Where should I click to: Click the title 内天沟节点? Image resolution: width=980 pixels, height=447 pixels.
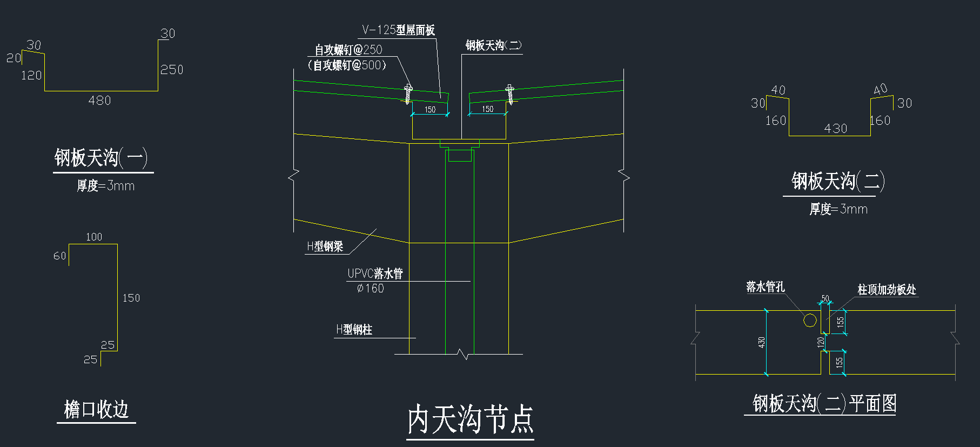pos(470,419)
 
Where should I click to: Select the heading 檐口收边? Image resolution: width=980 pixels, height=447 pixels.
pos(96,409)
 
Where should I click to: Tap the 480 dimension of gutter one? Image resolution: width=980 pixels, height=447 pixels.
pos(99,101)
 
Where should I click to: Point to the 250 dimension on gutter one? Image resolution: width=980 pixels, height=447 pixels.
pos(172,70)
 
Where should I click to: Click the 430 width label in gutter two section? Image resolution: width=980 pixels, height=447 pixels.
pos(835,129)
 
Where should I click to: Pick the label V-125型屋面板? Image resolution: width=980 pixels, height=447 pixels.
pos(398,30)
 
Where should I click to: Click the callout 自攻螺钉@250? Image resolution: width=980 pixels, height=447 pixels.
pos(348,50)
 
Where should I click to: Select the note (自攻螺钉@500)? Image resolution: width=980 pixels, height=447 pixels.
pos(347,65)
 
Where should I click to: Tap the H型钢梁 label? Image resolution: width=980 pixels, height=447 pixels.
pos(325,247)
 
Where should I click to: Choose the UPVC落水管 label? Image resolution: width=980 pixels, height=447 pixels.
pos(375,273)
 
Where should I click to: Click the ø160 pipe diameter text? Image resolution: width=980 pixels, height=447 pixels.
pos(371,289)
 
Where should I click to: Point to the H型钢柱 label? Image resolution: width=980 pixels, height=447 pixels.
pos(354,330)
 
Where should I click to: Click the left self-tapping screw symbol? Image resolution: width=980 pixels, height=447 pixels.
pos(408,94)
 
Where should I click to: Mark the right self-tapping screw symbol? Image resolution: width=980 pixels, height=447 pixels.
pos(509,94)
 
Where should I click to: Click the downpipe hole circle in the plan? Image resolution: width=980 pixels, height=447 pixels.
pos(810,321)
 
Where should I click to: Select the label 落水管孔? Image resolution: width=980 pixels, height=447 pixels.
pos(766,287)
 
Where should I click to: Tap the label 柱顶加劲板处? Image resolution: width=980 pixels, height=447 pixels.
pos(887,290)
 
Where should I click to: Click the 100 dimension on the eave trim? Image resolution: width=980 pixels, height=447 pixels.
pos(94,237)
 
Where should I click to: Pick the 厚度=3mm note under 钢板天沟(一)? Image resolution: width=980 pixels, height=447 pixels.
pos(105,186)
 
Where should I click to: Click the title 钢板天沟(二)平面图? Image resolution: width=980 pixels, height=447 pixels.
pos(824,403)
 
